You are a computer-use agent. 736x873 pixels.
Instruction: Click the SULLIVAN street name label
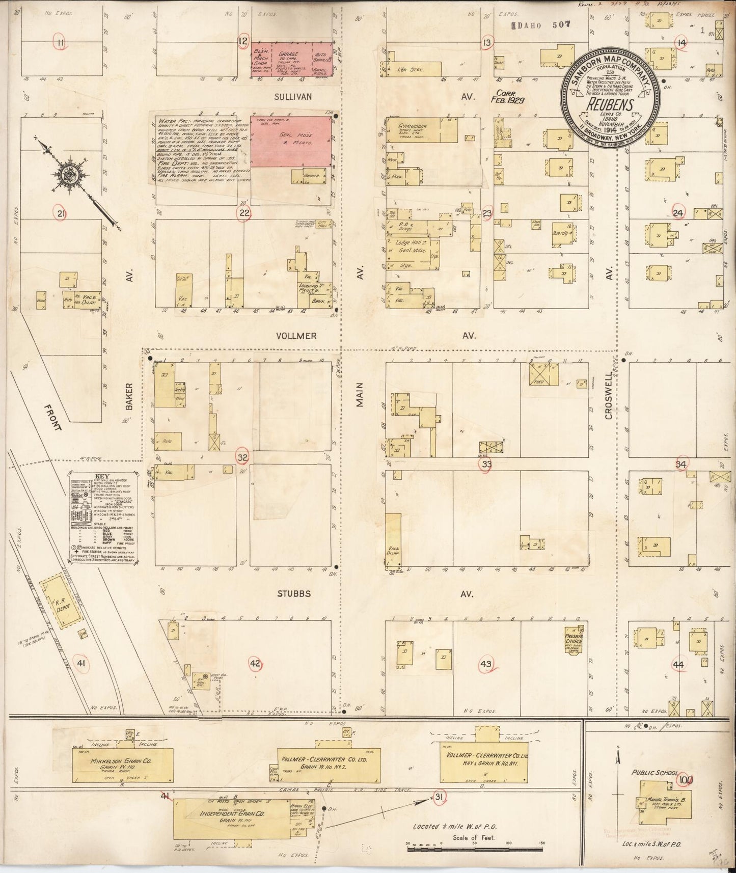[293, 96]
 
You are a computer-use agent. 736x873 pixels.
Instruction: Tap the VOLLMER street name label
[296, 336]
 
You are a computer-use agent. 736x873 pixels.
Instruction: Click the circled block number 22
[244, 213]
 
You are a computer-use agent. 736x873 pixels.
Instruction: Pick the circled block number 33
[487, 463]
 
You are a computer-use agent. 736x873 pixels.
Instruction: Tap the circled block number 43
[486, 664]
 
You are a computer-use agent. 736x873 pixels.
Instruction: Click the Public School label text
[655, 773]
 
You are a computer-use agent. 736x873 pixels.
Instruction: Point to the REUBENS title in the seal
[611, 105]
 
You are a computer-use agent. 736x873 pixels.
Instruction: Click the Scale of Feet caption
[474, 837]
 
